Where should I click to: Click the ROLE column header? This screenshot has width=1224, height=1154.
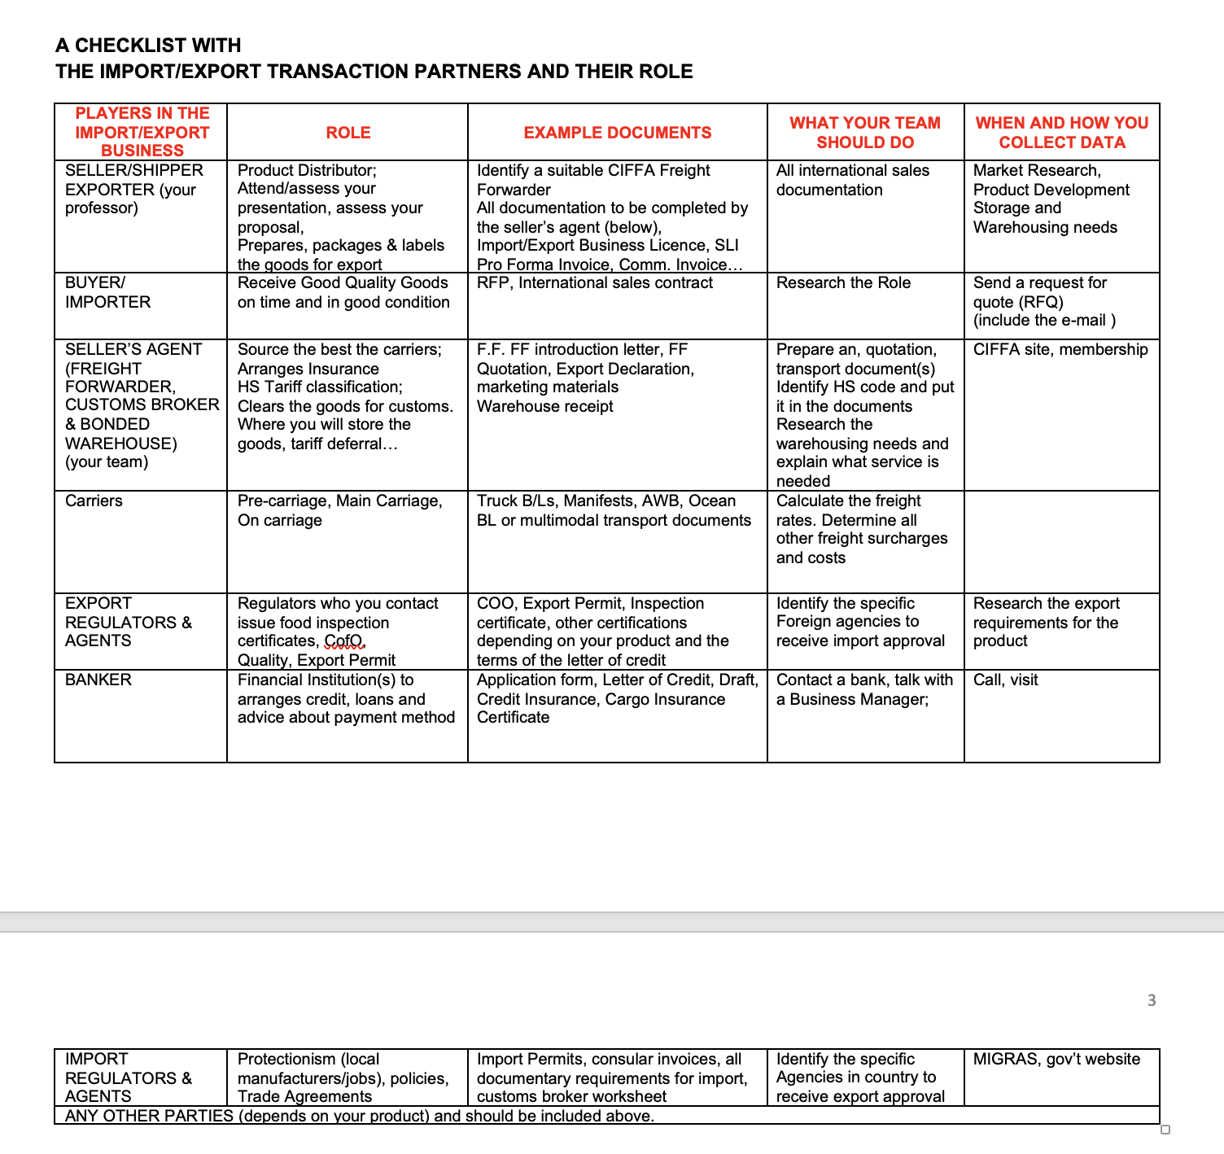pyautogui.click(x=348, y=133)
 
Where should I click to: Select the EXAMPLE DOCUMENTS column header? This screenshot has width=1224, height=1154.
pyautogui.click(x=617, y=133)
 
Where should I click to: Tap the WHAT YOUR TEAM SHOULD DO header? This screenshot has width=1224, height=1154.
pyautogui.click(x=864, y=133)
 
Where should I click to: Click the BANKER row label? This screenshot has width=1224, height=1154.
pyautogui.click(x=98, y=680)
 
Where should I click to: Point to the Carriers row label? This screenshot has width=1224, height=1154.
pyautogui.click(x=94, y=501)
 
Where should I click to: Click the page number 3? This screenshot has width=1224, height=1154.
pyautogui.click(x=1151, y=1000)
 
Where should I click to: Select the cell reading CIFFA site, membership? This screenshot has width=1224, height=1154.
pyautogui.click(x=1060, y=349)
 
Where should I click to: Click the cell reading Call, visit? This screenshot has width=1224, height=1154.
pyautogui.click(x=1005, y=680)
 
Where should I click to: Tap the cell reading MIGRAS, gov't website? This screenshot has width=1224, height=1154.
pyautogui.click(x=1056, y=1059)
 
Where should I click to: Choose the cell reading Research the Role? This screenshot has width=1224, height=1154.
pyautogui.click(x=843, y=282)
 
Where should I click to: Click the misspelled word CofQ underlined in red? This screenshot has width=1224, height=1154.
pyautogui.click(x=344, y=640)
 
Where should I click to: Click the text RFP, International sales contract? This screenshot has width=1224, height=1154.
pyautogui.click(x=594, y=282)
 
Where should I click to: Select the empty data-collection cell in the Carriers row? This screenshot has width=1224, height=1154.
pyautogui.click(x=1060, y=541)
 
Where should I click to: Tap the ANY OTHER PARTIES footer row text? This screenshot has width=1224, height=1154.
pyautogui.click(x=359, y=1116)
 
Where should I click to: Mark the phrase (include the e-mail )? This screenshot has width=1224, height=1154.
pyautogui.click(x=1044, y=320)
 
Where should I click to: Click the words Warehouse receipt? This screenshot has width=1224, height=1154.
pyautogui.click(x=544, y=406)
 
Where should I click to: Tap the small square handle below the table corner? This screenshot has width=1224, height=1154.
pyautogui.click(x=1165, y=1130)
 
